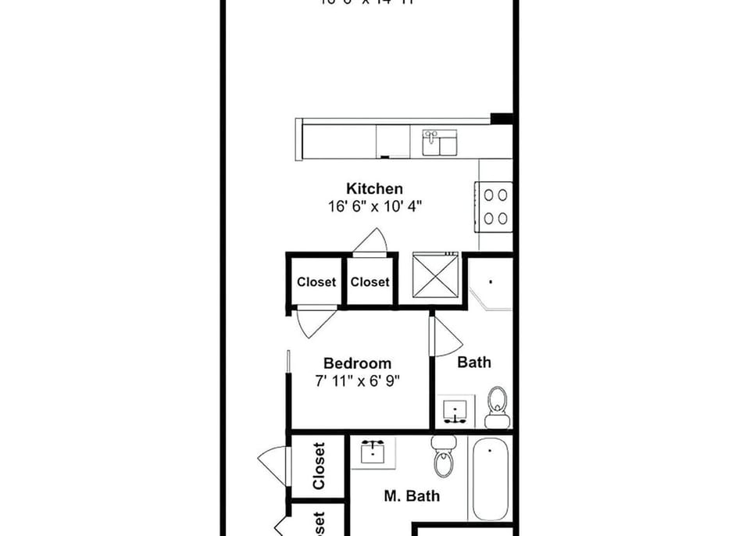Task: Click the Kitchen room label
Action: [375, 189]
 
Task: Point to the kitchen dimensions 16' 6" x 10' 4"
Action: [375, 207]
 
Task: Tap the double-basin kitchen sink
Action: [441, 144]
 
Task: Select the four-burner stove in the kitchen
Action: [494, 206]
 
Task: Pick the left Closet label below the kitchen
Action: [316, 282]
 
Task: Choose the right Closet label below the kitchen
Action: [370, 282]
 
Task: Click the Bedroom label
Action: [357, 363]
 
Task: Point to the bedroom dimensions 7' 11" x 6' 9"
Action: [357, 381]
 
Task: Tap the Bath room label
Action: [474, 362]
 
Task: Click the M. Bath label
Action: [412, 495]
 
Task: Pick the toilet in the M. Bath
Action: [444, 456]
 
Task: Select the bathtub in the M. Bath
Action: [490, 478]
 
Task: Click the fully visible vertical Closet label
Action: [319, 466]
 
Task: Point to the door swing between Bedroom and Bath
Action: [445, 336]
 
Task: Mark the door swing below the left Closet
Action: [315, 322]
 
